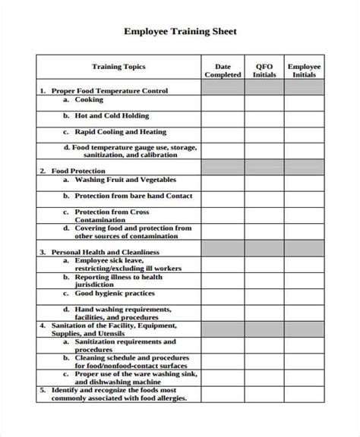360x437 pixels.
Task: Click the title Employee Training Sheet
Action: [x=180, y=32]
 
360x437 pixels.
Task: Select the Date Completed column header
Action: [x=223, y=71]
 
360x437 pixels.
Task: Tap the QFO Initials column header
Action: [x=264, y=71]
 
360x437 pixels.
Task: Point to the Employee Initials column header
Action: [x=304, y=71]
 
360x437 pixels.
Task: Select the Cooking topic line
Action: [x=88, y=99]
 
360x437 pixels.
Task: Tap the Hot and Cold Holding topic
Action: [x=111, y=116]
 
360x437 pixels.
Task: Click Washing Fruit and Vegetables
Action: [x=125, y=180]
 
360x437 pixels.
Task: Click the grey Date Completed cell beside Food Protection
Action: [x=223, y=168]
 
